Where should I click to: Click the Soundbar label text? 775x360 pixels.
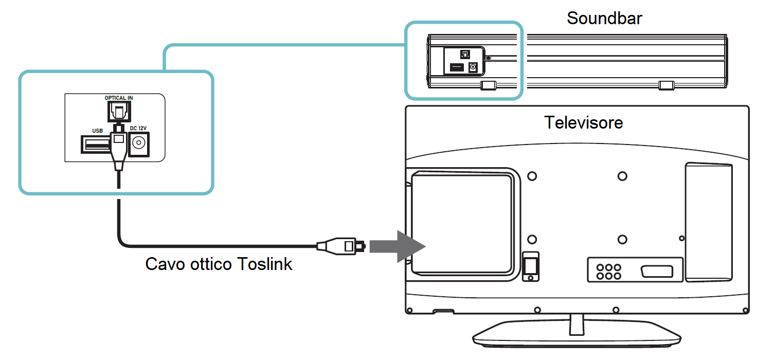604,18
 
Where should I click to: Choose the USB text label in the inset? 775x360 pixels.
97,131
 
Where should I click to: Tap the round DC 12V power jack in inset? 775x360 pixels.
138,143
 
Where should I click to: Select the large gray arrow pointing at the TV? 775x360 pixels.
398,246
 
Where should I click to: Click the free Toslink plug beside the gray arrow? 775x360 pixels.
341,246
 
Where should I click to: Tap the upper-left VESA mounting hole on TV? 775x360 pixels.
532,176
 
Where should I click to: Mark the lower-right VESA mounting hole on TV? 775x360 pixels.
622,239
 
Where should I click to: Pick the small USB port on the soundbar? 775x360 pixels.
456,67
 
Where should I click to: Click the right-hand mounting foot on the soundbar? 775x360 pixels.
666,85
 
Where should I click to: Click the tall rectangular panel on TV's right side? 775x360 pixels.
709,222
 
